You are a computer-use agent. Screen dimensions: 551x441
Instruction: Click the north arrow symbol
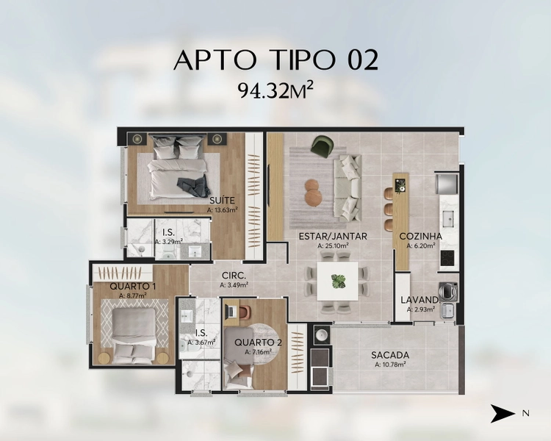click(503, 413)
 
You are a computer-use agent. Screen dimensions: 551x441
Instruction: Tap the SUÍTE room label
click(222, 201)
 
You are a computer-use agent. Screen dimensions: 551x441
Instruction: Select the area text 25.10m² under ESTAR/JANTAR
click(333, 245)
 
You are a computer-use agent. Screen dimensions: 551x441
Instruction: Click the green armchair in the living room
click(323, 146)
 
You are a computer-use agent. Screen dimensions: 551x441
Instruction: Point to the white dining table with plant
click(338, 281)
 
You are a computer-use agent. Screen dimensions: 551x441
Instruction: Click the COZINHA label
click(421, 237)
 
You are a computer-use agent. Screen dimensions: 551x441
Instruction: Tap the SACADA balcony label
click(390, 355)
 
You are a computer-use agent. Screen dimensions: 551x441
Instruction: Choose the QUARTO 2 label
click(258, 343)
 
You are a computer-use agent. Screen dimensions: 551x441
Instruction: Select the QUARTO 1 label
click(132, 286)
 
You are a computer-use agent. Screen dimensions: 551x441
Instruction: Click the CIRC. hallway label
click(234, 276)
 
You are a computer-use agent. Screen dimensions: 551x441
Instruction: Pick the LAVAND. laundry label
click(420, 301)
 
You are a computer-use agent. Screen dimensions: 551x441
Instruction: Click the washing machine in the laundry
click(448, 291)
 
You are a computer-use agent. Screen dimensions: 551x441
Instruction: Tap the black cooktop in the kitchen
click(447, 258)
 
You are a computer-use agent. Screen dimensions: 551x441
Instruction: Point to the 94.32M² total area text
click(275, 91)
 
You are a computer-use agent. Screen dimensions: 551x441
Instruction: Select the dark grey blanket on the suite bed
click(192, 186)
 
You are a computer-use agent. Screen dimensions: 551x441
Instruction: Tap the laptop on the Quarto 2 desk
click(232, 311)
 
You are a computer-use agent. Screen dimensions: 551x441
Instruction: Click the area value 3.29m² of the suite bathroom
click(169, 242)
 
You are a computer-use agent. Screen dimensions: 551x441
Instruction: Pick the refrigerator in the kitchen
click(447, 184)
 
